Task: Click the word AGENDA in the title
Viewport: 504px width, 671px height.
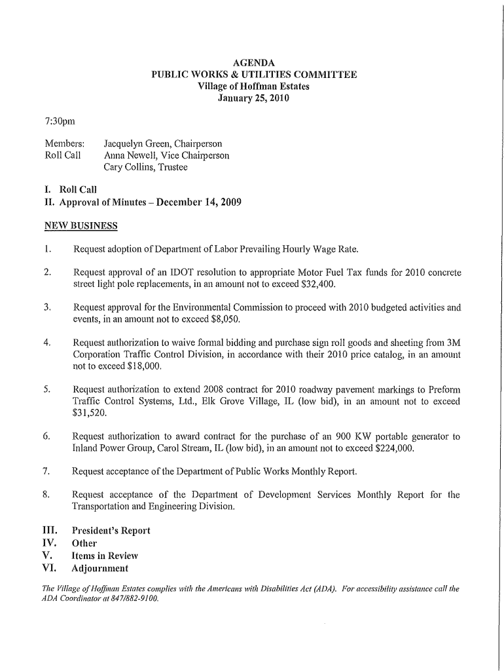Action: [253, 63]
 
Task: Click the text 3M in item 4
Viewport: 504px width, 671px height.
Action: [452, 343]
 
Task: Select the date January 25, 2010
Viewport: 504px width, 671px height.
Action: [253, 99]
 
